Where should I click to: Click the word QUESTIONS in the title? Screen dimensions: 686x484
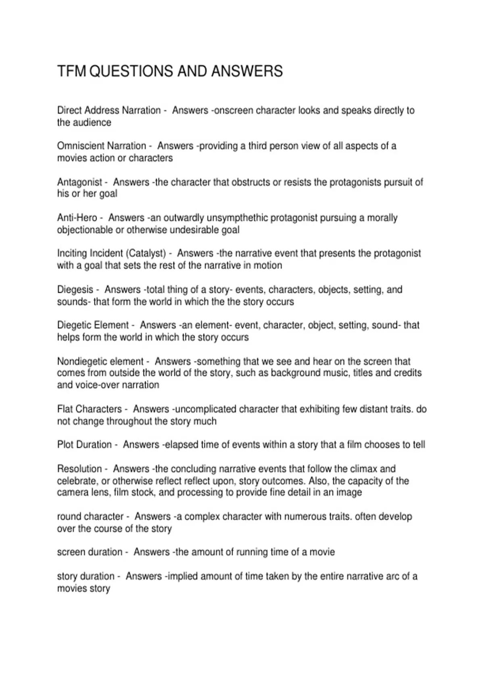[x=131, y=71]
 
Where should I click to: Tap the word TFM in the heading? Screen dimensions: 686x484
[x=72, y=71]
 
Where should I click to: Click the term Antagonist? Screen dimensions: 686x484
[x=79, y=182]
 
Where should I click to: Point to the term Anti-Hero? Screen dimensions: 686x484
[x=77, y=218]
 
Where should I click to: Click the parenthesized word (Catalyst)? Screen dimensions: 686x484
[x=146, y=253]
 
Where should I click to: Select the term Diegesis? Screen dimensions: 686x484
[x=75, y=290]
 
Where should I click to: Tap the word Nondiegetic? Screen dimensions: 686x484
[x=80, y=362]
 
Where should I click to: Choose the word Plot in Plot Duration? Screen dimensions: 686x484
[x=65, y=445]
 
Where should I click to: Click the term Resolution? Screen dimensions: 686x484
[x=79, y=469]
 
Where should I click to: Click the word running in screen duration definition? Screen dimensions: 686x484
[x=252, y=552]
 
